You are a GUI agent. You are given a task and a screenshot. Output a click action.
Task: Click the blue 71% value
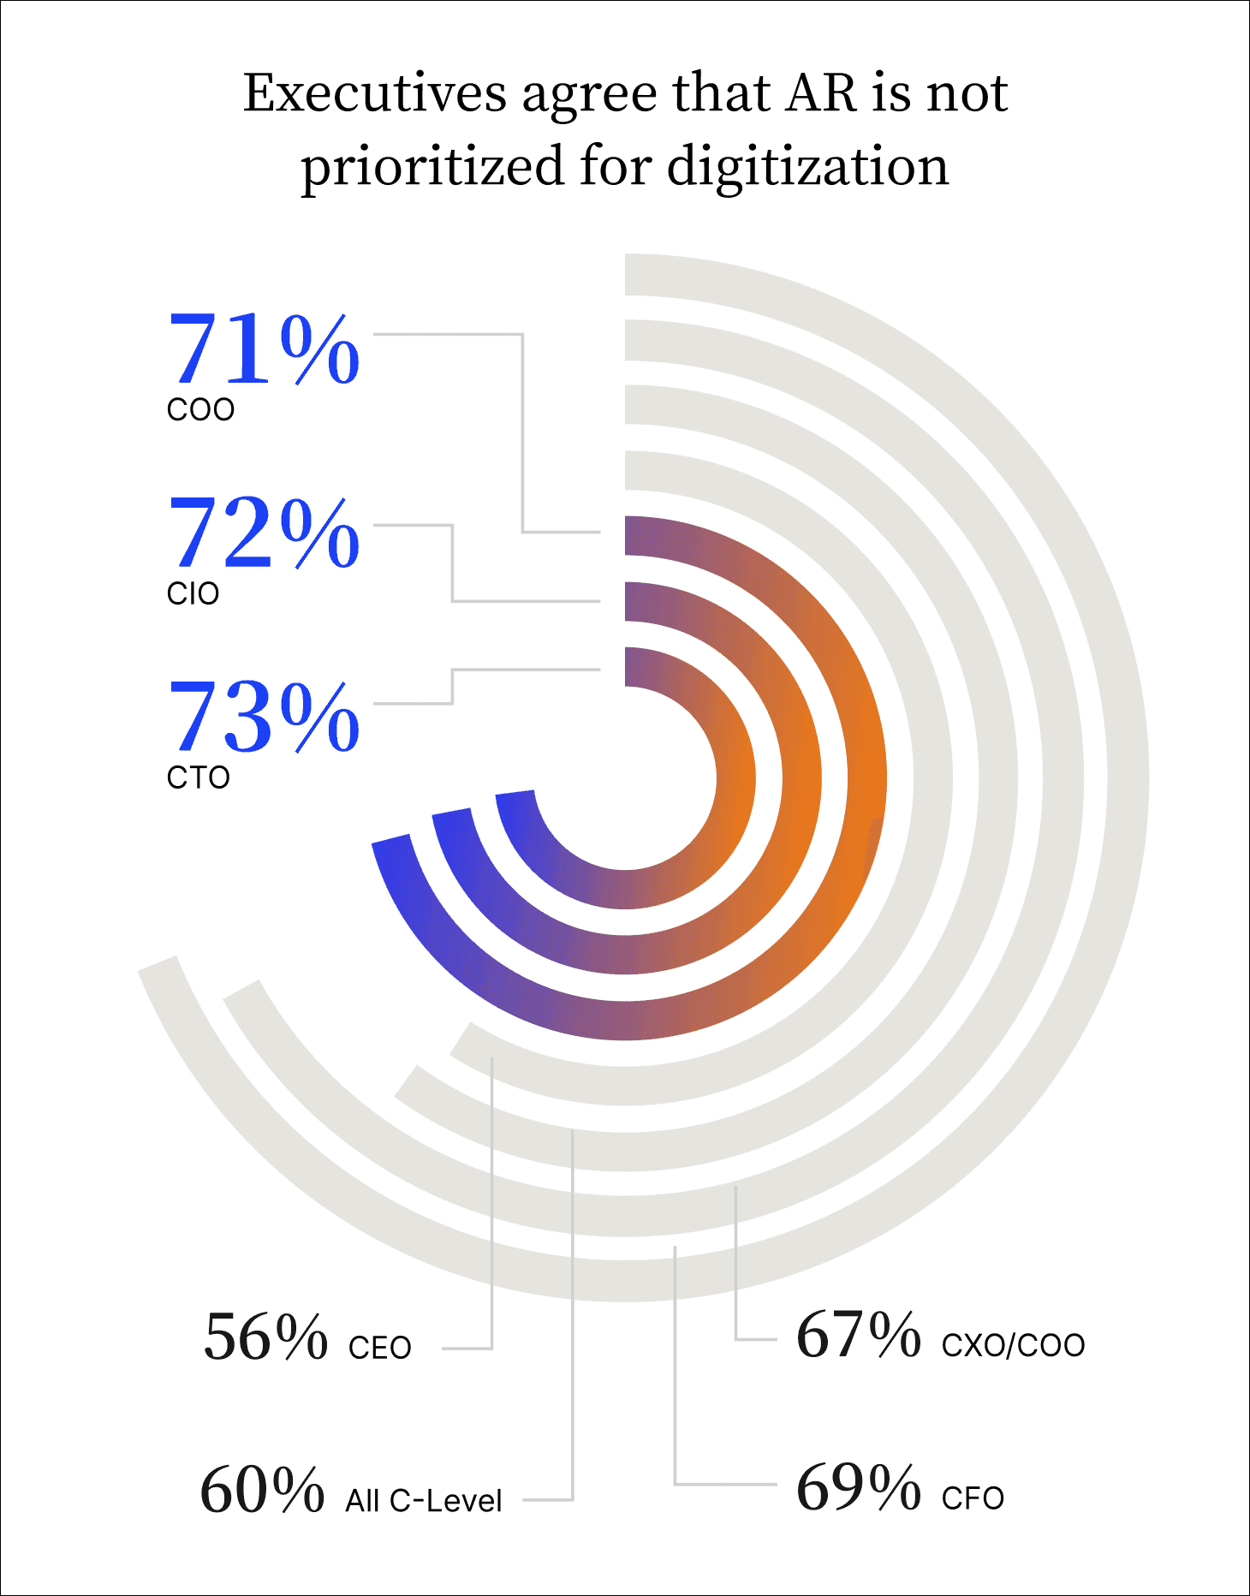coord(264,349)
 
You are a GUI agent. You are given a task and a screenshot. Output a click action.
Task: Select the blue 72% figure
coord(264,533)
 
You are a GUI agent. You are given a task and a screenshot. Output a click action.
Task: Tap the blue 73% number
coord(264,718)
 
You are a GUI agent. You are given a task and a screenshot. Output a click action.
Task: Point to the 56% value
coord(265,1337)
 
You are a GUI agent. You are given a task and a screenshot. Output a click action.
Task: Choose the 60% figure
coord(262,1491)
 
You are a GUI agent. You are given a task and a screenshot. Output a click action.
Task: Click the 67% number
coord(858,1335)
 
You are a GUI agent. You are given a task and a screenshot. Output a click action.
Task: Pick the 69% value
coord(858,1488)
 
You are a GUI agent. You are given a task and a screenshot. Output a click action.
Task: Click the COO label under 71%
coord(200,410)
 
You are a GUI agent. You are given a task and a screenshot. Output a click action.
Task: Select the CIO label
coord(193,593)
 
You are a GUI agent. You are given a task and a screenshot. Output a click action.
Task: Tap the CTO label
coord(198,777)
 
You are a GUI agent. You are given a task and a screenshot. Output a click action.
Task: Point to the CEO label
coord(380,1348)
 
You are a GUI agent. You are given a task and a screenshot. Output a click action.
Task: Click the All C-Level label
coord(424,1501)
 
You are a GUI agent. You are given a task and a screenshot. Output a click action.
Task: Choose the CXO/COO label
coord(1013,1345)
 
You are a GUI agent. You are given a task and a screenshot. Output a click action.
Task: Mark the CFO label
coord(973,1498)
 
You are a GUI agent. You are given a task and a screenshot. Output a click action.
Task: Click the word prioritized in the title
coord(432,167)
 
